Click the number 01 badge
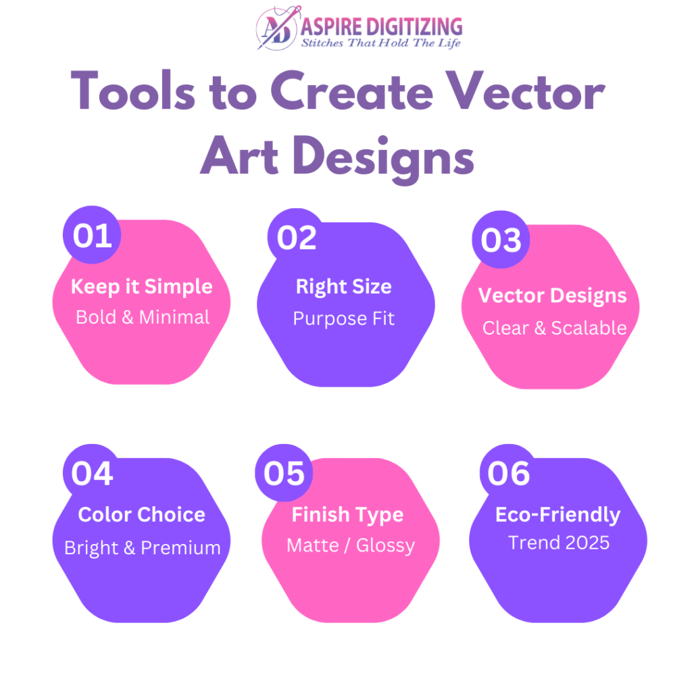click(x=92, y=234)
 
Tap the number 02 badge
click(x=297, y=237)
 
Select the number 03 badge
click(x=501, y=240)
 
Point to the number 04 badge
click(x=92, y=473)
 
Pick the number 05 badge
click(x=284, y=473)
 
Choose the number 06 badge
click(x=508, y=473)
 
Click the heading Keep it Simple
click(x=142, y=287)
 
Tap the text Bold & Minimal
click(x=143, y=318)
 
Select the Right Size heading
click(x=344, y=287)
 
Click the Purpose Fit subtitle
click(x=344, y=319)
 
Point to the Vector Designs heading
click(x=552, y=296)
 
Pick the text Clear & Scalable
click(x=554, y=328)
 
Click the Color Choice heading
click(x=142, y=514)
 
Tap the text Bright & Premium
click(x=142, y=548)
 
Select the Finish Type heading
click(x=348, y=515)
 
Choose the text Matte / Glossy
click(x=351, y=545)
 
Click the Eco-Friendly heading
click(x=558, y=515)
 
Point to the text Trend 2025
click(x=559, y=543)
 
